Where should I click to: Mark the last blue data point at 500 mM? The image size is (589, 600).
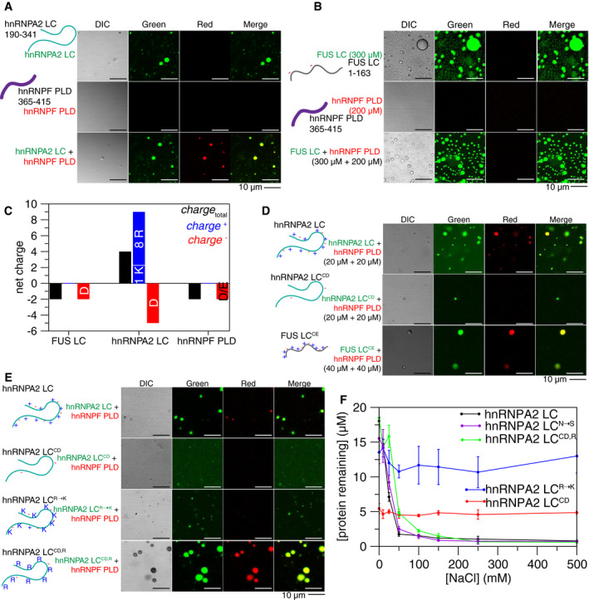pyautogui.click(x=576, y=456)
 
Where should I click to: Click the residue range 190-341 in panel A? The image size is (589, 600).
pyautogui.click(x=19, y=24)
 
